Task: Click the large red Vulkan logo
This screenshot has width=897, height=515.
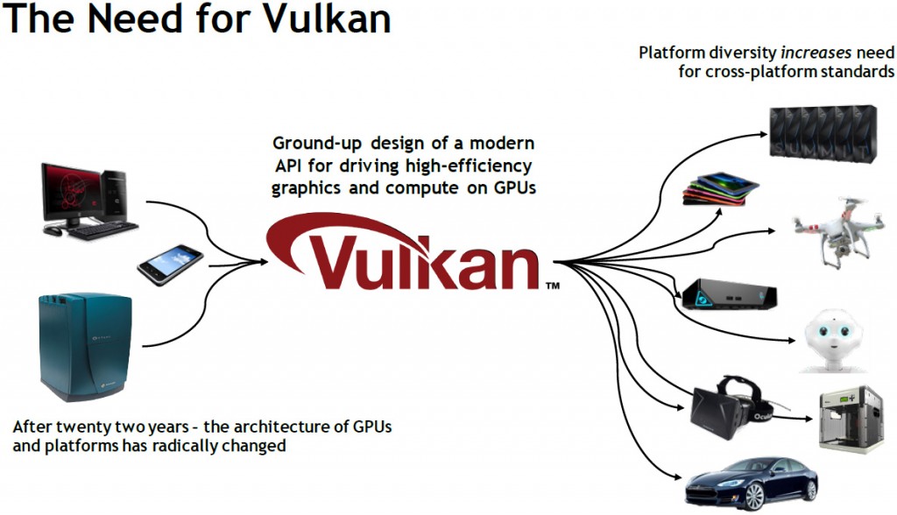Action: [412, 254]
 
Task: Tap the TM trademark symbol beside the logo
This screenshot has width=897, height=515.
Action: [553, 286]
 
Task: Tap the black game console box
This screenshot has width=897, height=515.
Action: [730, 296]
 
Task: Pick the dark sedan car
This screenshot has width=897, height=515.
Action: [751, 482]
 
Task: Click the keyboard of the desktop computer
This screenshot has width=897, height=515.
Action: [101, 232]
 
